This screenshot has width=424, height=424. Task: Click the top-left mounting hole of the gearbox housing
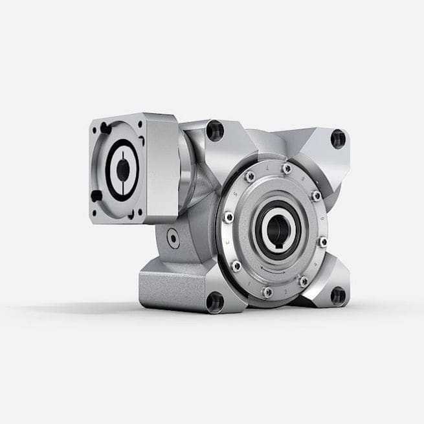pyautogui.click(x=215, y=131)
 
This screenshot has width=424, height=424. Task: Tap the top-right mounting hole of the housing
pyautogui.click(x=338, y=139)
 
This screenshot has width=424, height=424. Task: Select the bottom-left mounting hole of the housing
pyautogui.click(x=214, y=302)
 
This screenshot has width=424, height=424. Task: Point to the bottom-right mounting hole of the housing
pyautogui.click(x=337, y=296)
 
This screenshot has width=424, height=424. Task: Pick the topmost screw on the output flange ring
pyautogui.click(x=287, y=168)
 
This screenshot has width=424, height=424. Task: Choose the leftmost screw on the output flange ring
pyautogui.click(x=228, y=218)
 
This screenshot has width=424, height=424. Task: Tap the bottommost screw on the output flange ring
pyautogui.click(x=267, y=293)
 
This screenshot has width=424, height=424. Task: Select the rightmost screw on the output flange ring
pyautogui.click(x=322, y=241)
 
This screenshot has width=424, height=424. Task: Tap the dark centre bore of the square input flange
pyautogui.click(x=122, y=170)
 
